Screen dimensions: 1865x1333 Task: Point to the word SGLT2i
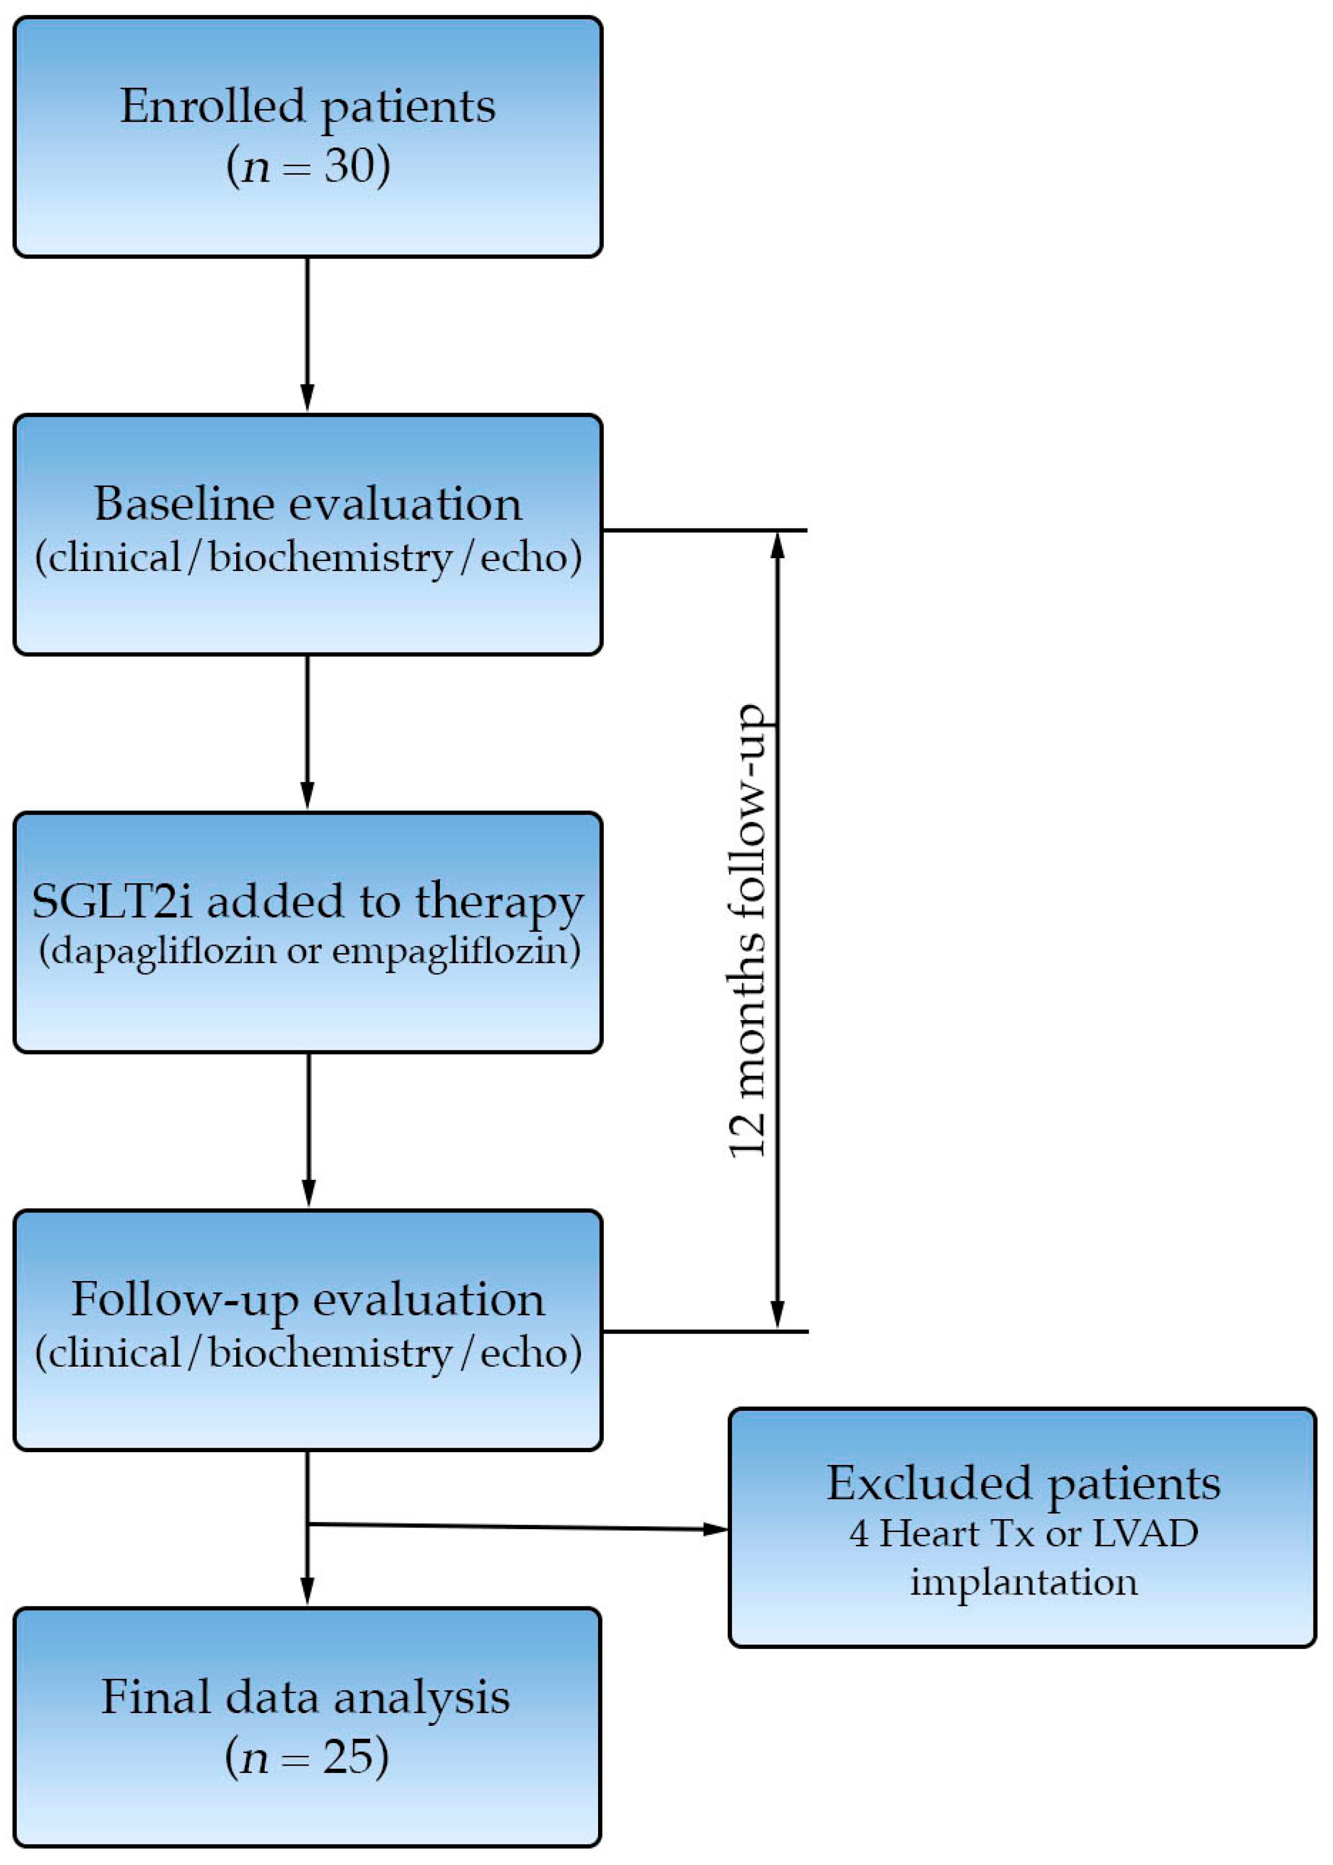pyautogui.click(x=112, y=902)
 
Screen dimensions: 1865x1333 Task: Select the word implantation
pyautogui.click(x=1024, y=1582)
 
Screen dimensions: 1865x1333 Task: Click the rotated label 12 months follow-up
pyautogui.click(x=748, y=930)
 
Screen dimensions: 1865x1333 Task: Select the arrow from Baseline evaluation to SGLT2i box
pyautogui.click(x=308, y=731)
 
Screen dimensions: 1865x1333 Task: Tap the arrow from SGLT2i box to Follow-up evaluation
pyautogui.click(x=309, y=1129)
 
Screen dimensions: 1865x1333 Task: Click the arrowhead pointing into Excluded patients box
pyautogui.click(x=716, y=1529)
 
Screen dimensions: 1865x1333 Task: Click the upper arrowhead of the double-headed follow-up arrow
pyautogui.click(x=778, y=545)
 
